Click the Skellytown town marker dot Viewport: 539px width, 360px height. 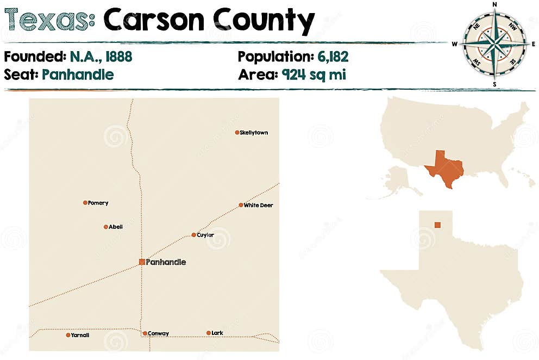[x=237, y=132]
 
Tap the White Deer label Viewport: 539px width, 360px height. [x=258, y=206]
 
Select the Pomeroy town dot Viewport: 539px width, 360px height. [x=85, y=203]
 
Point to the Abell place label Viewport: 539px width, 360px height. [x=116, y=227]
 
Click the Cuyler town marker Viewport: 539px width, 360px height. [x=193, y=235]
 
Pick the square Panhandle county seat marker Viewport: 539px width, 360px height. [x=142, y=262]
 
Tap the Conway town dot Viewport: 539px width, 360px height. [x=145, y=333]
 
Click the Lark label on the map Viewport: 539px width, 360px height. [x=217, y=333]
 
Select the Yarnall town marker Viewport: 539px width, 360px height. [x=68, y=335]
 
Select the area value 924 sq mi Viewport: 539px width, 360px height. [x=314, y=75]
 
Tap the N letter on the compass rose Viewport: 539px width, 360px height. [x=494, y=4]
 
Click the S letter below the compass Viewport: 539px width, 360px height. [x=494, y=84]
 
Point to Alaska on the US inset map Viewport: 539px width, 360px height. [x=399, y=179]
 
